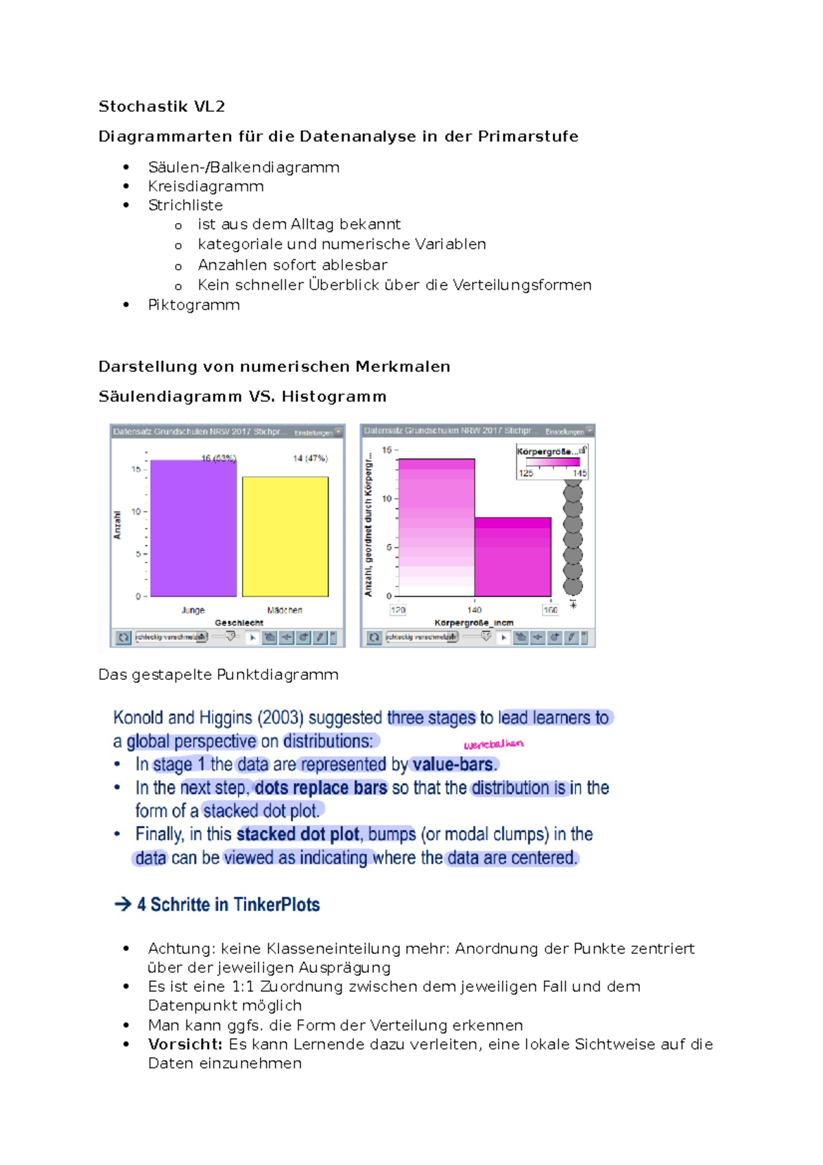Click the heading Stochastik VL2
coord(161,106)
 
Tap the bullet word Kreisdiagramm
coord(206,187)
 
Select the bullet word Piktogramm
coord(193,305)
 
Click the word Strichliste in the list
coord(185,205)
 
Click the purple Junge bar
coord(193,528)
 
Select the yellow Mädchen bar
coord(285,537)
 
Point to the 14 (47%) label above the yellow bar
coord(310,458)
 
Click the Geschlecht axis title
coord(239,623)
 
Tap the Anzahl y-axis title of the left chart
coord(117,525)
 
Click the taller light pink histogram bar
coord(436,527)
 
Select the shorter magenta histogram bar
coord(512,557)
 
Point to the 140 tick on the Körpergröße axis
coord(475,610)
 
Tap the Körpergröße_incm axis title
coord(474,623)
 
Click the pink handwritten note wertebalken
coord(493,744)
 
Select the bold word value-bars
coord(453,765)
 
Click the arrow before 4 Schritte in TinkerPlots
coord(123,905)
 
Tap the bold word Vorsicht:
coord(185,1045)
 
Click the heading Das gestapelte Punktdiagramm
coord(218,675)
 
